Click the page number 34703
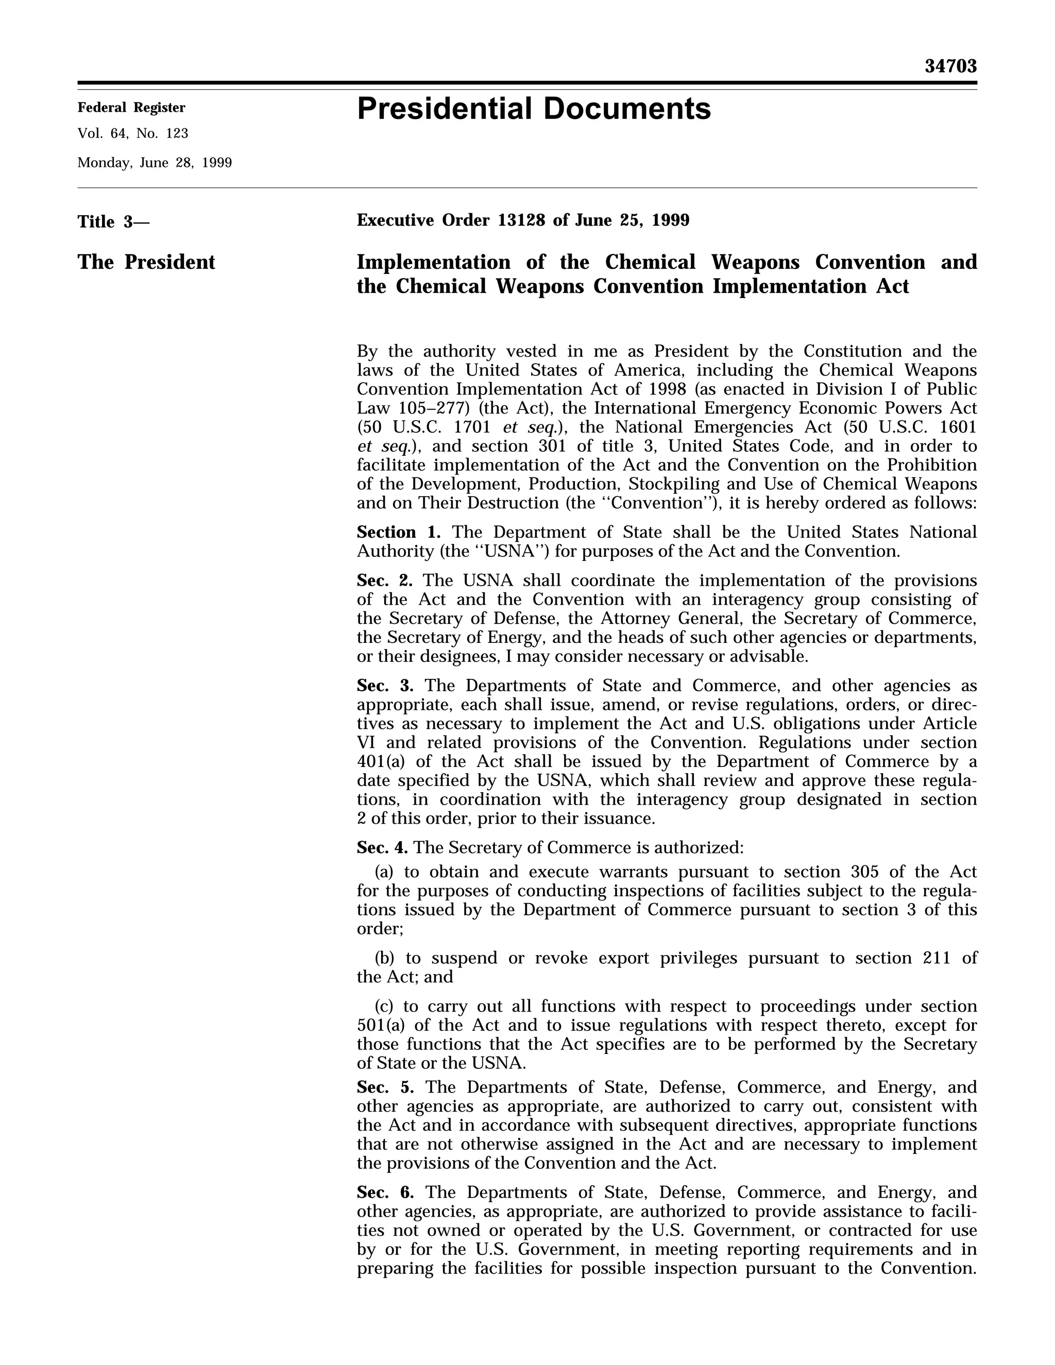coord(950,66)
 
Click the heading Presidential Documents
coord(533,109)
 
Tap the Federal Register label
coord(131,108)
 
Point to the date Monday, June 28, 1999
coord(155,163)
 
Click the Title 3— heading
coord(113,222)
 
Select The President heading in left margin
coord(146,262)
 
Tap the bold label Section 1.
coord(398,533)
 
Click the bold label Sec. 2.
coord(384,581)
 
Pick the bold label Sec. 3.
coord(385,686)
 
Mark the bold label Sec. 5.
coord(385,1087)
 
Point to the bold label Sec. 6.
coord(385,1192)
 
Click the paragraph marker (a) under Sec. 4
coord(384,872)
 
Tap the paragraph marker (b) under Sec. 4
coord(384,958)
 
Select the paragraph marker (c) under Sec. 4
coord(383,1006)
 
